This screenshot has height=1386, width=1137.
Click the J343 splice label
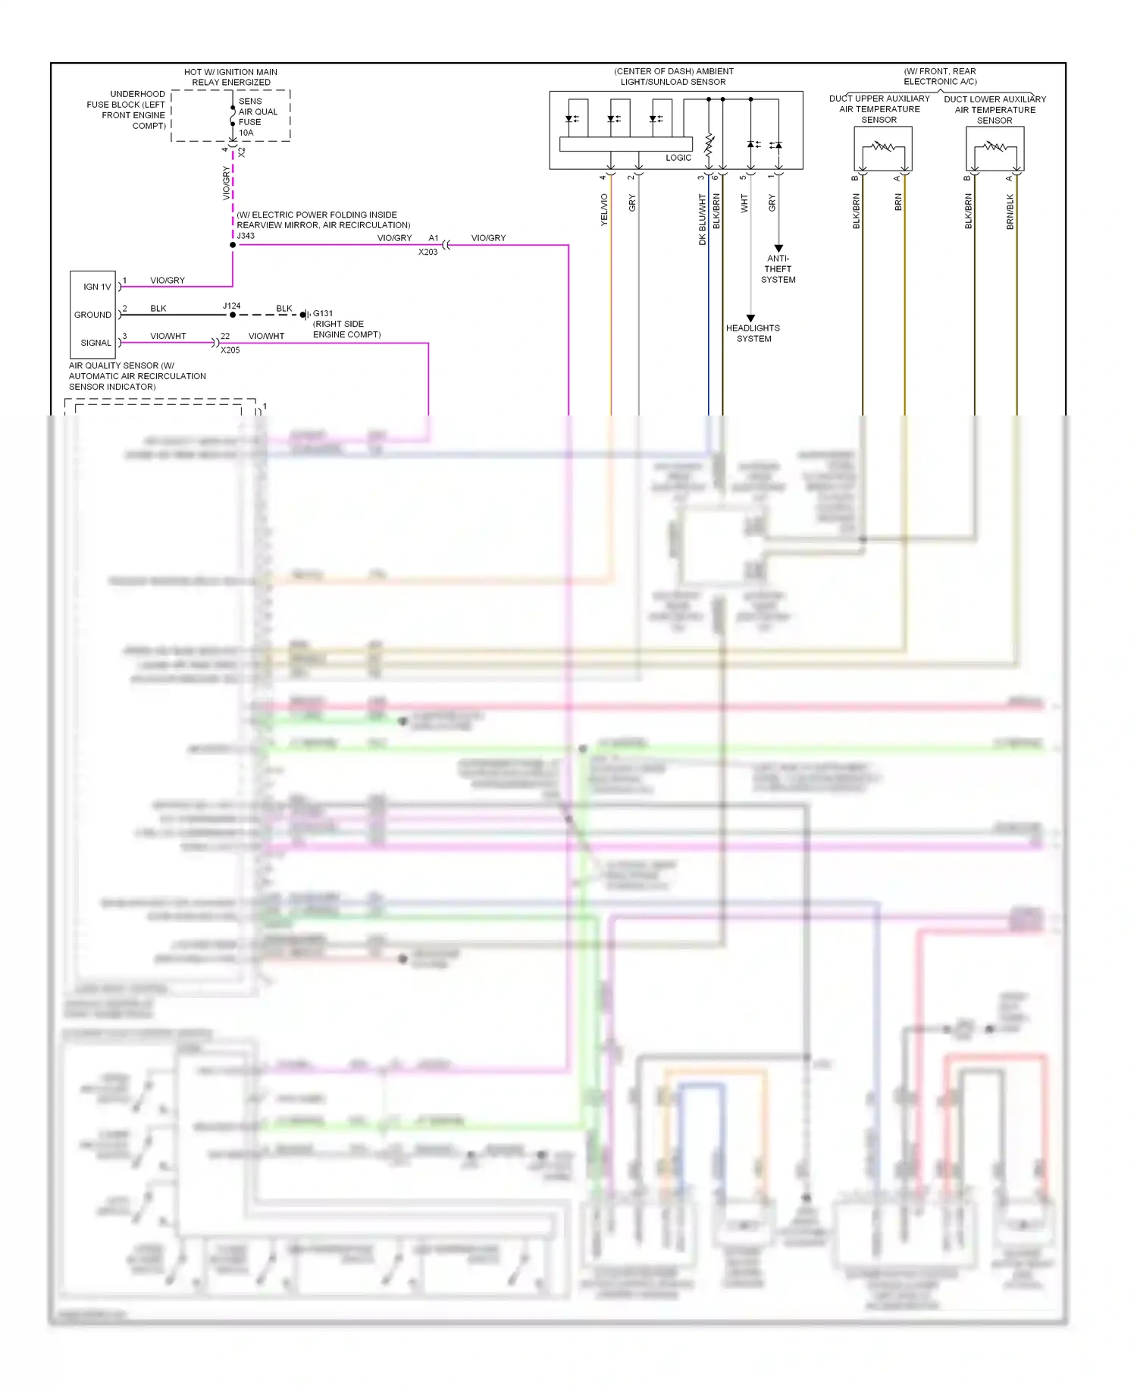pyautogui.click(x=246, y=236)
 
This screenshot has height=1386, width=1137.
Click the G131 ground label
pyautogui.click(x=323, y=313)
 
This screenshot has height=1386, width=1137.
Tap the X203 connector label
pyautogui.click(x=428, y=252)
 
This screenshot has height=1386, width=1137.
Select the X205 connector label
pyautogui.click(x=230, y=350)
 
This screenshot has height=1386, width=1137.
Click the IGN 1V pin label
pyautogui.click(x=97, y=287)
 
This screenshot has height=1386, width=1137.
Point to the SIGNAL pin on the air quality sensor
pyautogui.click(x=96, y=343)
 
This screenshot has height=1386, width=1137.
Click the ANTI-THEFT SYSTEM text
pyautogui.click(x=778, y=269)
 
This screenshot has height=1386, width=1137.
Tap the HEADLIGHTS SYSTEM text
pyautogui.click(x=753, y=334)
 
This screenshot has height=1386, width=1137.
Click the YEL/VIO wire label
pyautogui.click(x=604, y=209)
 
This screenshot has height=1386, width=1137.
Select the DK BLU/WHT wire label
pyautogui.click(x=703, y=219)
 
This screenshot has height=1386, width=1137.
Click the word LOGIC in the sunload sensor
pyautogui.click(x=678, y=158)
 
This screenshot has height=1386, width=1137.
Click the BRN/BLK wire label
pyautogui.click(x=1010, y=212)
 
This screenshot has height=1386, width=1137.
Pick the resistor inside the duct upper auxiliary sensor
pyautogui.click(x=882, y=146)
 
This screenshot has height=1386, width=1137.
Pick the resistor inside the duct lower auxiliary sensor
pyautogui.click(x=994, y=146)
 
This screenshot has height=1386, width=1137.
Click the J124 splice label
pyautogui.click(x=231, y=306)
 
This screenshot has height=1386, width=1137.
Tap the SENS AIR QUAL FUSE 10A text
pyautogui.click(x=258, y=117)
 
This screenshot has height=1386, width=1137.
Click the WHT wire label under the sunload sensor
pyautogui.click(x=744, y=203)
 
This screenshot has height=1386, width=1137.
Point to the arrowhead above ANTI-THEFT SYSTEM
pyautogui.click(x=778, y=249)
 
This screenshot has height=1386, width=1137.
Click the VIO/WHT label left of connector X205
pyautogui.click(x=168, y=336)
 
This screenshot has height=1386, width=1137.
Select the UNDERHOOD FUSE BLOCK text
pyautogui.click(x=127, y=110)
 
